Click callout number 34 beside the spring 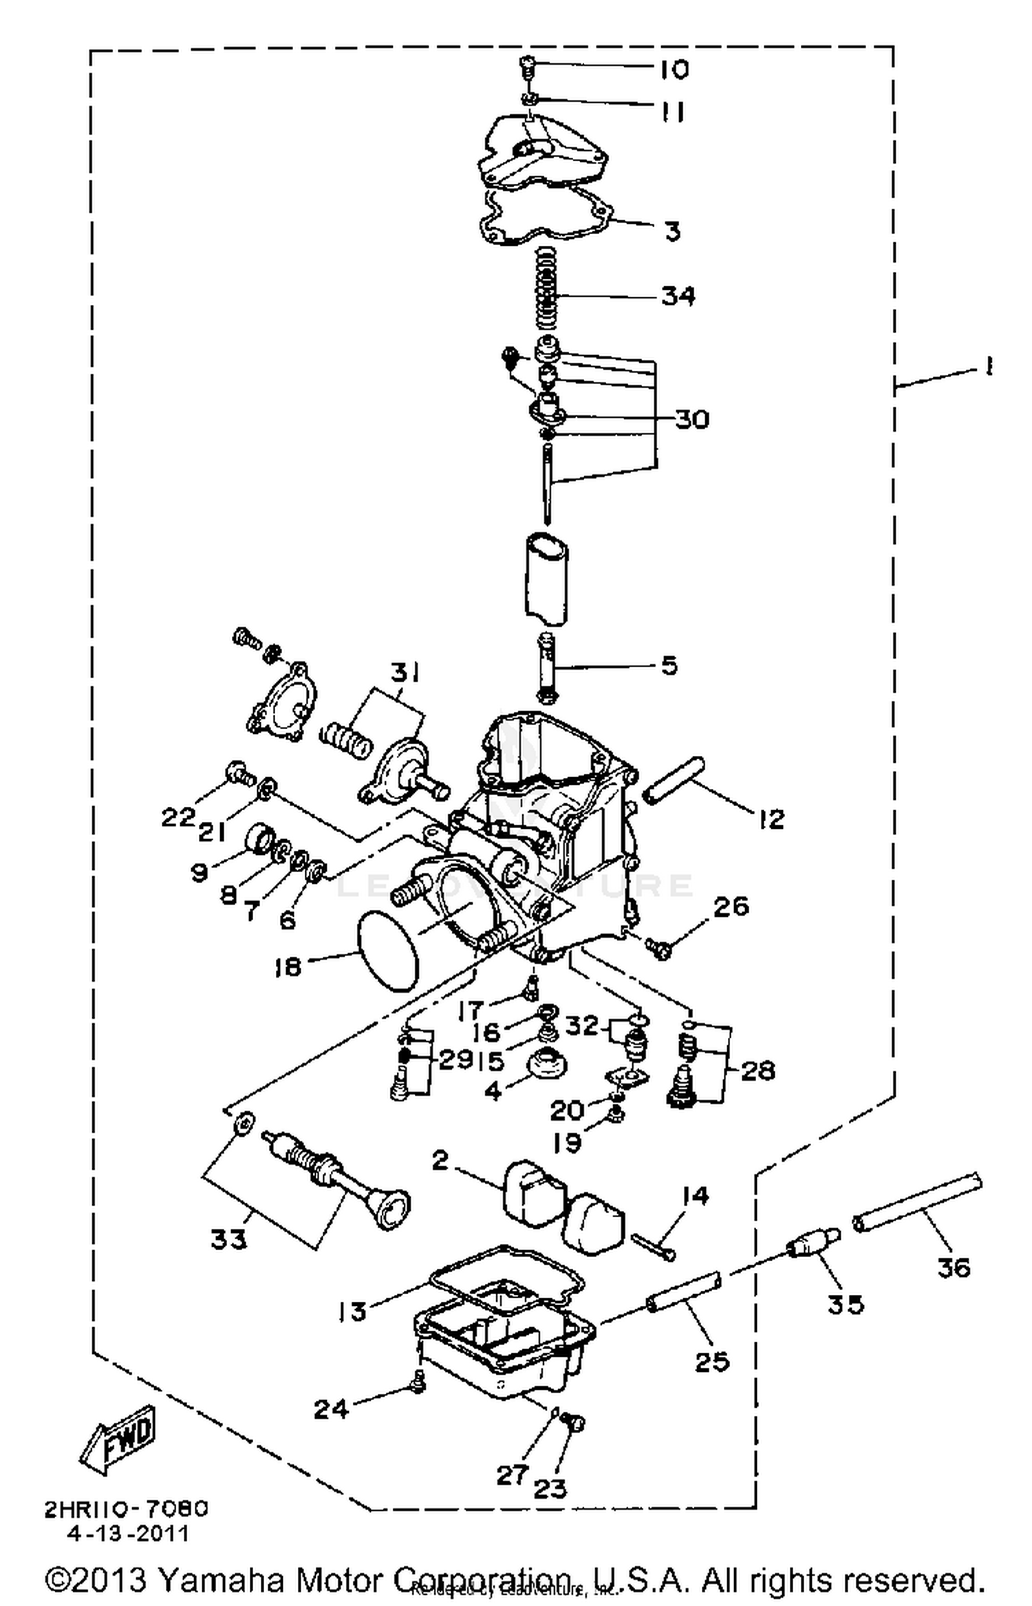click(x=678, y=296)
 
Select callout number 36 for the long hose click(x=954, y=1267)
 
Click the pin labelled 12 click(x=673, y=779)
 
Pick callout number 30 click(x=691, y=419)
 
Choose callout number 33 click(x=228, y=1239)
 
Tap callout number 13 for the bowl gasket click(x=352, y=1311)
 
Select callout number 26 click(x=731, y=906)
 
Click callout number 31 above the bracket click(x=406, y=672)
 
